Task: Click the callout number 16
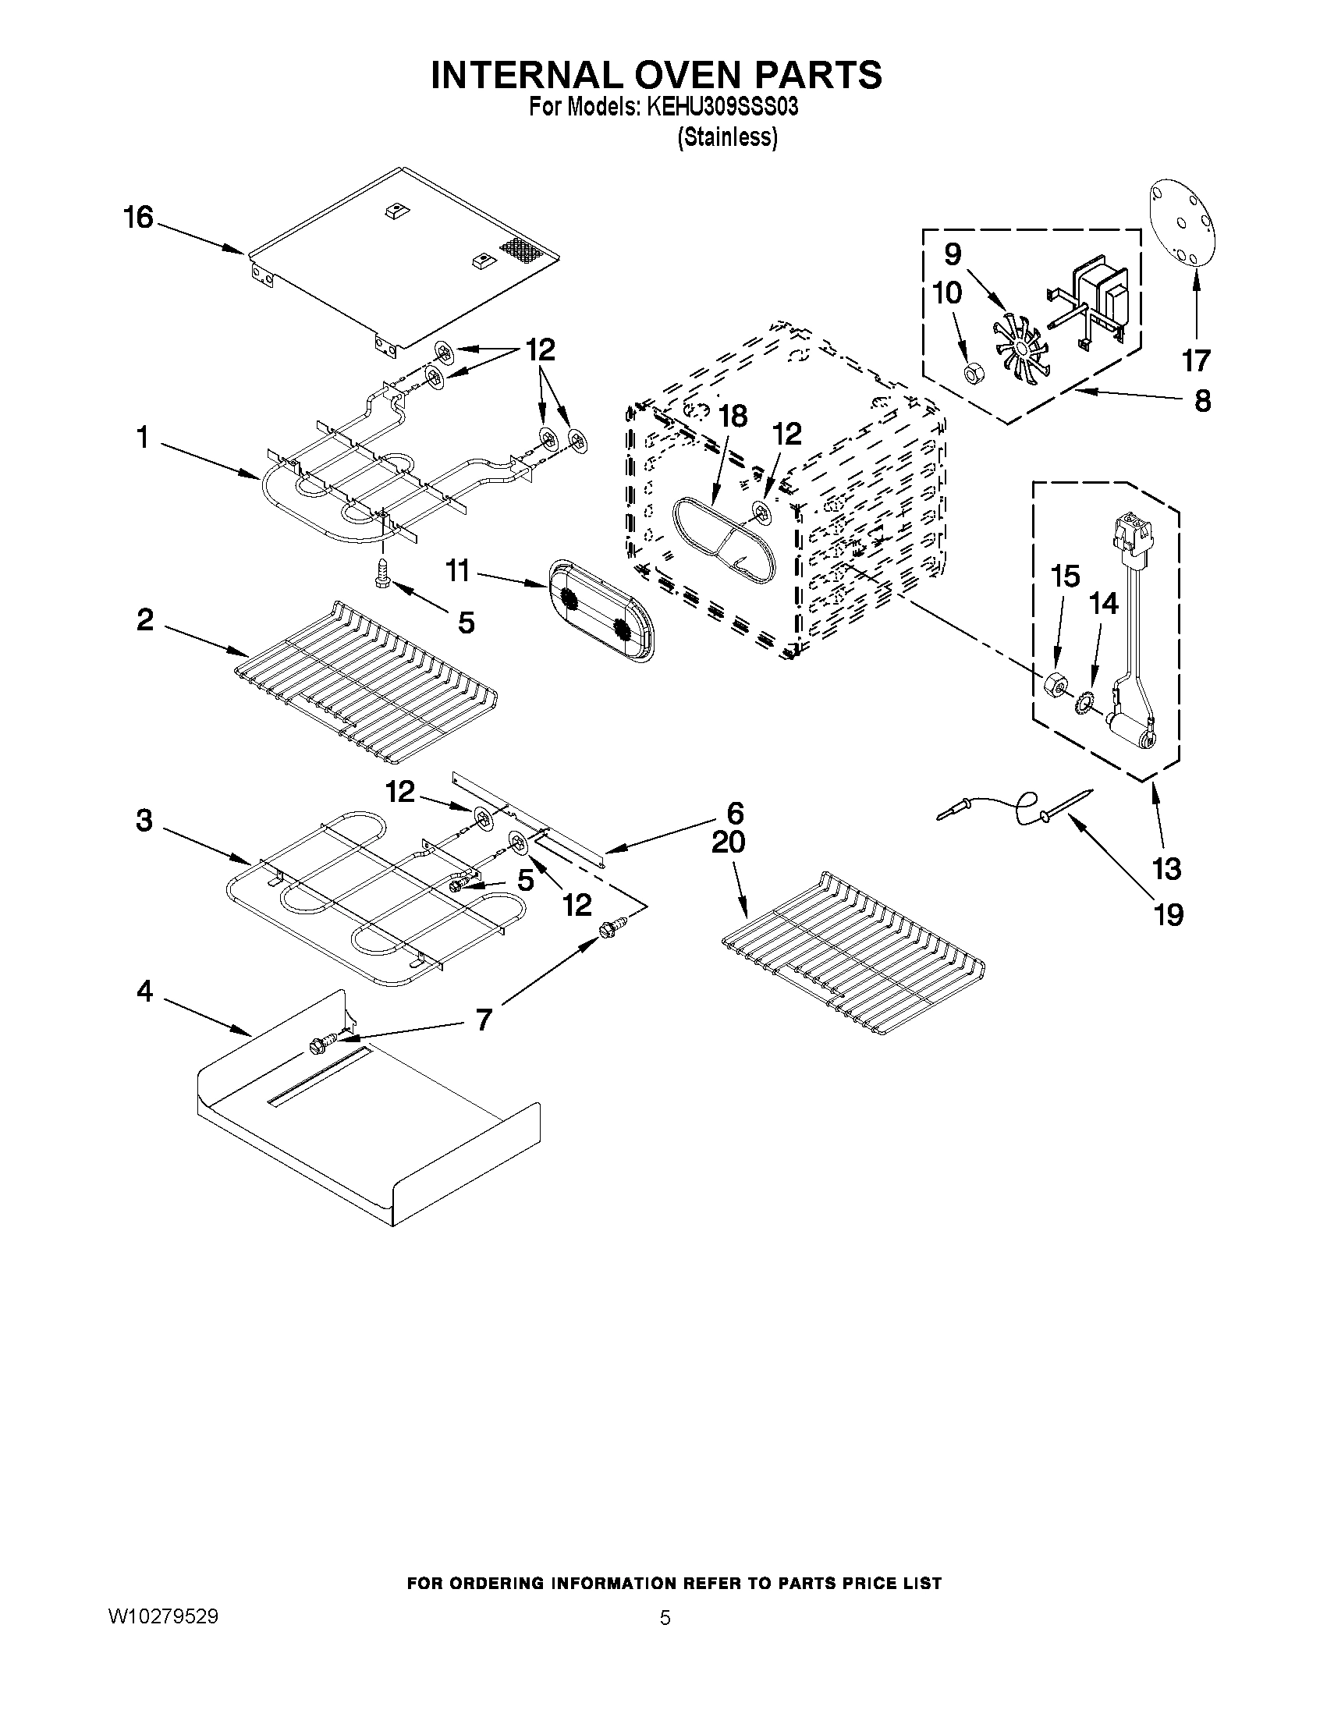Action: [138, 218]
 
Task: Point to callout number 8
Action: [1202, 401]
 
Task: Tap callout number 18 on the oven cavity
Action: [733, 417]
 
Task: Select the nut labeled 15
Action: [1053, 685]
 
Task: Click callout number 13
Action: [1166, 870]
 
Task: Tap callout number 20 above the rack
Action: [728, 843]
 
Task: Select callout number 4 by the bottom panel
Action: [144, 992]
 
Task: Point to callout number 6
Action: [735, 812]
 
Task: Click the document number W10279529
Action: [163, 1616]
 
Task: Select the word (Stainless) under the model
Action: [727, 137]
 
